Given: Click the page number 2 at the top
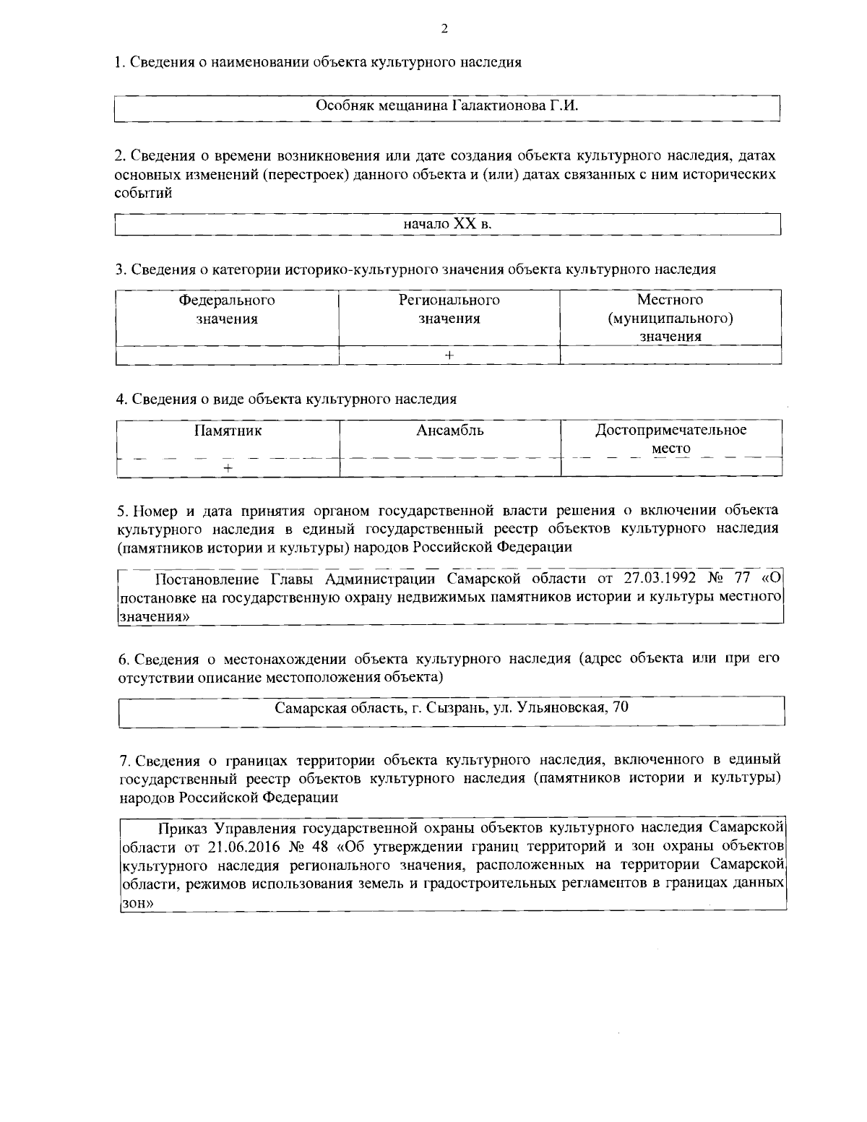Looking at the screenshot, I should pyautogui.click(x=444, y=29).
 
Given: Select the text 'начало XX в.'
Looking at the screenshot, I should pyautogui.click(x=448, y=224).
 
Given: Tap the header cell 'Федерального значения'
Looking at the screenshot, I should pyautogui.click(x=227, y=309).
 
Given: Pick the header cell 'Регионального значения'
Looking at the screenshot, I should pyautogui.click(x=449, y=309).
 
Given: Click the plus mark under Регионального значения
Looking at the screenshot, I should pyautogui.click(x=449, y=355).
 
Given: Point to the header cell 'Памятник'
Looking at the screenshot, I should pyautogui.click(x=228, y=431).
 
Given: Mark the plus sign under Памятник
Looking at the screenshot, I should pyautogui.click(x=228, y=468).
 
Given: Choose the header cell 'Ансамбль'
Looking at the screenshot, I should pyautogui.click(x=450, y=431).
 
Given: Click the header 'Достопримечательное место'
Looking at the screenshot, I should pyautogui.click(x=671, y=439).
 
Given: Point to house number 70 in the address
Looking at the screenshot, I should pyautogui.click(x=620, y=707).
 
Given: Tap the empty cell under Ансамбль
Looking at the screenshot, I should pyautogui.click(x=450, y=468).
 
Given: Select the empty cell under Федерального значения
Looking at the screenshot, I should pyautogui.click(x=227, y=355).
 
